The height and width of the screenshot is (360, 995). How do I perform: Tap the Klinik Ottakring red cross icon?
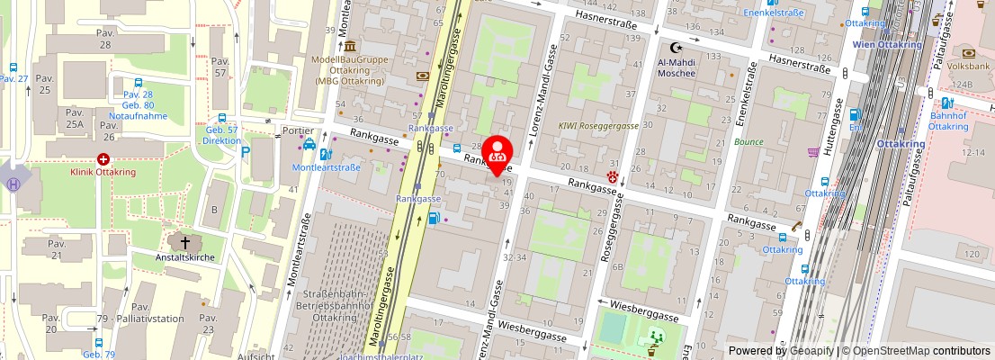click(103, 159)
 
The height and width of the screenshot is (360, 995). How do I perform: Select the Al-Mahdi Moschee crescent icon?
click(677, 47)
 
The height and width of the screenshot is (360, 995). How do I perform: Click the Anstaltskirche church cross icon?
click(185, 242)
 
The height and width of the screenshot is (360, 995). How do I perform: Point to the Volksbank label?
click(968, 66)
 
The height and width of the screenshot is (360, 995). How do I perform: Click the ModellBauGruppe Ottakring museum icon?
click(349, 46)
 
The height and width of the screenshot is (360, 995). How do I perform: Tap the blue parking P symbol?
click(246, 153)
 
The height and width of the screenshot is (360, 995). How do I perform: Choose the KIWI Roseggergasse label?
click(598, 126)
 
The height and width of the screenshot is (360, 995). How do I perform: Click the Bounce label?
click(748, 142)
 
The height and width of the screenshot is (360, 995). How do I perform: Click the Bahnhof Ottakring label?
click(948, 121)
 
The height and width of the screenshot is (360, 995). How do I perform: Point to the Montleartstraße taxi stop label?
click(326, 167)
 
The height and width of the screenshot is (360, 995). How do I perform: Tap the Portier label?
click(297, 130)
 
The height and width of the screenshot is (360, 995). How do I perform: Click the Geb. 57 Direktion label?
click(221, 136)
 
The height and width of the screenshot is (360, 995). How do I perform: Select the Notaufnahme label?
click(138, 116)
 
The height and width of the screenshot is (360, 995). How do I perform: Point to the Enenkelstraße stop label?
click(773, 13)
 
